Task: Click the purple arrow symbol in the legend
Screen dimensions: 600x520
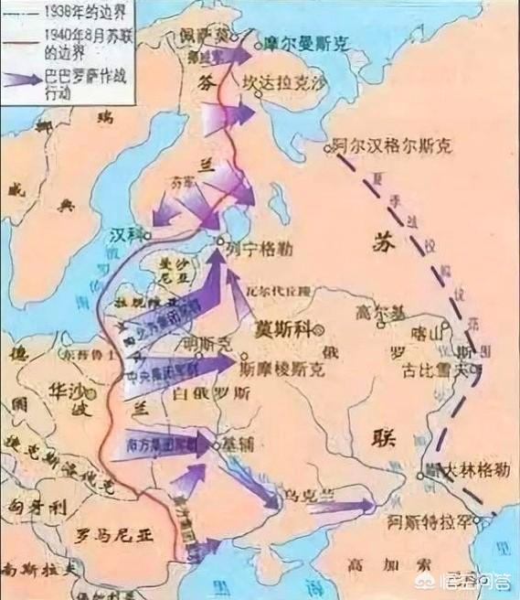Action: point(22,80)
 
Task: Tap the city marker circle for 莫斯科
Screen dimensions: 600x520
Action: point(317,327)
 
